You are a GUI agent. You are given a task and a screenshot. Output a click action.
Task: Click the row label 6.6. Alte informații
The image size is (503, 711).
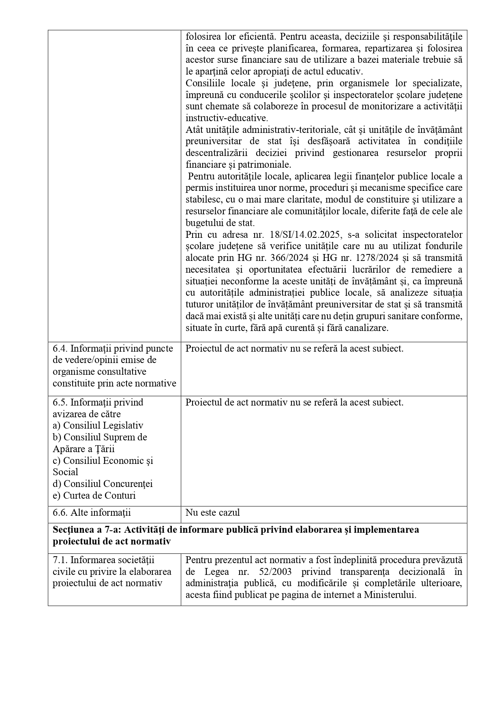point(92,512)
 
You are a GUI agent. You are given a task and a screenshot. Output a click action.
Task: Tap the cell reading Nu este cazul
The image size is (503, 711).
point(212,512)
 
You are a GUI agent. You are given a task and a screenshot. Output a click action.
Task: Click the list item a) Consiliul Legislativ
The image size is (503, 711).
point(98,425)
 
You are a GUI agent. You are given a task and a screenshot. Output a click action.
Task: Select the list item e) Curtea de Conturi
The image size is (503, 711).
point(94,495)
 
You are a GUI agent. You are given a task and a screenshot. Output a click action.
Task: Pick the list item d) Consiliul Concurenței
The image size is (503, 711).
point(103,484)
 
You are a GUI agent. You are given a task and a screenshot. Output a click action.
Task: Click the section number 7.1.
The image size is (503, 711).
point(60,560)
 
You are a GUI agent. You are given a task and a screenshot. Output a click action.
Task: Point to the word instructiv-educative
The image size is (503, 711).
point(227,118)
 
